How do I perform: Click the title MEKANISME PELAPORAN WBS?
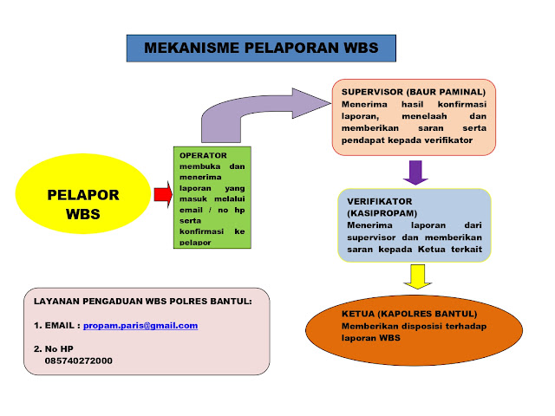260,48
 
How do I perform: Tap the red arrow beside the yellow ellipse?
161,194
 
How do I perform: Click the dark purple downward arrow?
417,172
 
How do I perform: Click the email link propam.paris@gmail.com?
140,326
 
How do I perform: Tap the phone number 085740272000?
78,361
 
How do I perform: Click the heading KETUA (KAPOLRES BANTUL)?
397,313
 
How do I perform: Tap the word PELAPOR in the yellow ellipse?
83,194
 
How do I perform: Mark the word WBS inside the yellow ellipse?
83,213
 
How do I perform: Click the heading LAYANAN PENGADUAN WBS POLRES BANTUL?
142,302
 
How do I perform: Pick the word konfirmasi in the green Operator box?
206,231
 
